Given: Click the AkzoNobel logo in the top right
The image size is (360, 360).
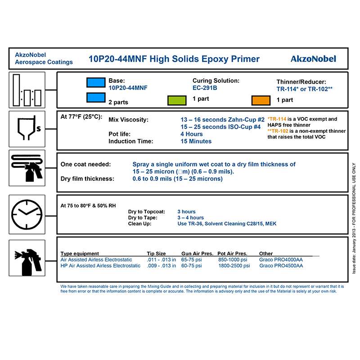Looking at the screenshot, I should [313, 59].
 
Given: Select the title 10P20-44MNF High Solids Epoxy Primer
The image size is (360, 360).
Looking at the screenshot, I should [174, 59].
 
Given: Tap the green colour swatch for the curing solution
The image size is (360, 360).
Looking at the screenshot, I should [177, 100].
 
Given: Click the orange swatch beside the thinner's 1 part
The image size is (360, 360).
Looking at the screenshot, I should [261, 100].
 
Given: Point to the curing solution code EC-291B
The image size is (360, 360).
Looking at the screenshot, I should [205, 88].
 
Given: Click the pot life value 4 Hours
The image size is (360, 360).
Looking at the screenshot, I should [192, 134].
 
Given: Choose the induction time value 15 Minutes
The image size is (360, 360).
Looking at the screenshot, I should [196, 141].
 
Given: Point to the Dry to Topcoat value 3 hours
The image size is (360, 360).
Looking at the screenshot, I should [186, 211].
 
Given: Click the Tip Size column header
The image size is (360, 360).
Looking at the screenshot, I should [157, 254].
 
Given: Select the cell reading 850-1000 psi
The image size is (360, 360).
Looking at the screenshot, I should [233, 260].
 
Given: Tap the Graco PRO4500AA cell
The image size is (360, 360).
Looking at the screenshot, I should [281, 265].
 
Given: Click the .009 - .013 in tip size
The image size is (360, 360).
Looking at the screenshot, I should [162, 265].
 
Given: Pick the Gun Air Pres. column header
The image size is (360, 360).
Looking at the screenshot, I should [196, 254].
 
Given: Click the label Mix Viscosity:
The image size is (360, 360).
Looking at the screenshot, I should [128, 120].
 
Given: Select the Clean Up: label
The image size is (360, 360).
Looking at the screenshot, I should [140, 224].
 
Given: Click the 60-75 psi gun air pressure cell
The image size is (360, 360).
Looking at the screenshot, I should [193, 265].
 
